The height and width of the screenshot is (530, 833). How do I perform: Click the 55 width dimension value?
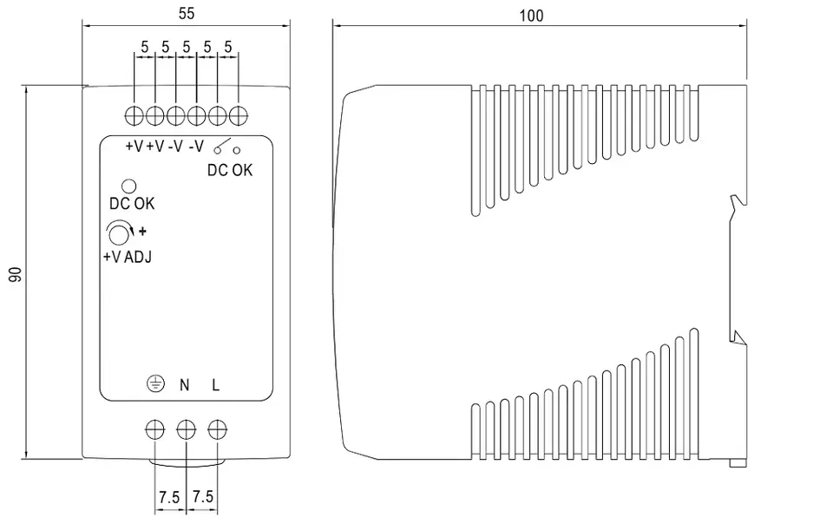[x=186, y=13]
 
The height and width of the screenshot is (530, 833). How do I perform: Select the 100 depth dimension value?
[x=531, y=16]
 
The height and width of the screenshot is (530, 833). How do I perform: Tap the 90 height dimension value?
[x=16, y=274]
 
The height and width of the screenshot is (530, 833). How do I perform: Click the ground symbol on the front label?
[x=155, y=383]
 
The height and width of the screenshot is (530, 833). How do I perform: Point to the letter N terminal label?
[x=184, y=384]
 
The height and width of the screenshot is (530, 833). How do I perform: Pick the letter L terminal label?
[x=215, y=384]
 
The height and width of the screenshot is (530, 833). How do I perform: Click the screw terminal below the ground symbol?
[x=155, y=429]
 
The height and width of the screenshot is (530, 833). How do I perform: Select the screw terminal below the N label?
[x=186, y=429]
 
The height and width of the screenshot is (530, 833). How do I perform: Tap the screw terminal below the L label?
[x=217, y=429]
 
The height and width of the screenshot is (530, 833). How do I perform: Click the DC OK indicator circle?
[x=129, y=186]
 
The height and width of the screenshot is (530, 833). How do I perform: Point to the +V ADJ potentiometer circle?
[x=119, y=232]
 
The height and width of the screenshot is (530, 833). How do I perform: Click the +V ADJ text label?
[x=127, y=257]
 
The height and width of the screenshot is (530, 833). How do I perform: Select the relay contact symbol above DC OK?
[x=226, y=146]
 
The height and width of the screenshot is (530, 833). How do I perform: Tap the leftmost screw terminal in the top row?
[x=134, y=115]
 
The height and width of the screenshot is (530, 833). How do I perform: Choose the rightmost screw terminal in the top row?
[x=238, y=115]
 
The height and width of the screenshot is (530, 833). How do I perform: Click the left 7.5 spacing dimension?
[x=169, y=498]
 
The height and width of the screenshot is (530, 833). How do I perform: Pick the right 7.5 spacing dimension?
[x=202, y=496]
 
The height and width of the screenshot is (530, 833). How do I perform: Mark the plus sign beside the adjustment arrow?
[x=142, y=232]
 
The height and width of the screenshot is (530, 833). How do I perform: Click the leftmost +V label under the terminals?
[x=134, y=146]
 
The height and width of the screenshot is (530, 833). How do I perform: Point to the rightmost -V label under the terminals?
[x=197, y=146]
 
